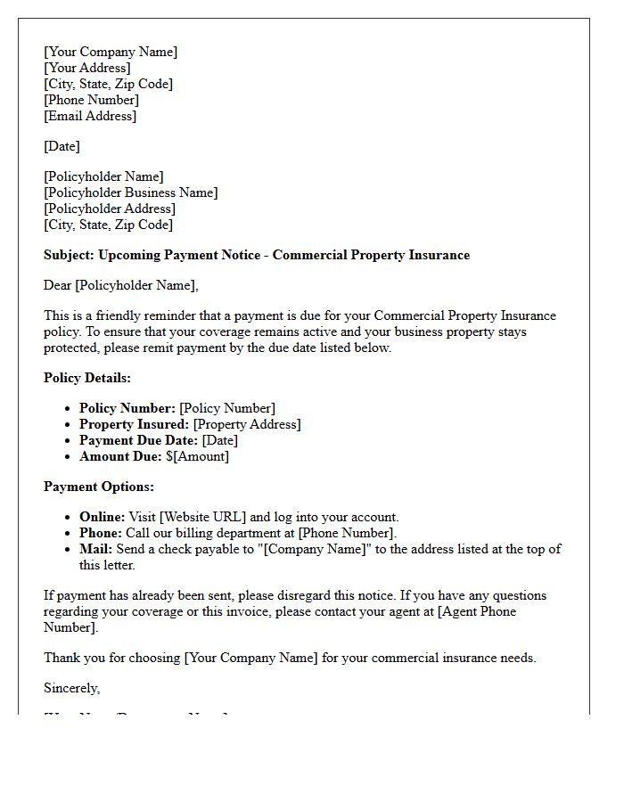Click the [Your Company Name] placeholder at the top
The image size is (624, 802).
[x=111, y=52]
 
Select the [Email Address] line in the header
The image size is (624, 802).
[x=90, y=116]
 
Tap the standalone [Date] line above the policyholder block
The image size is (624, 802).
[x=62, y=146]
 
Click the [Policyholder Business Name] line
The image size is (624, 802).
[x=130, y=192]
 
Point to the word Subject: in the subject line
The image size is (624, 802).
[x=69, y=255]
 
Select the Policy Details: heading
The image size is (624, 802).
[x=87, y=378]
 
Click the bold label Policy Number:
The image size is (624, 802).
[x=127, y=408]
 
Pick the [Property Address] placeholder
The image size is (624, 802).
[x=247, y=424]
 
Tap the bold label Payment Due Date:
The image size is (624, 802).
[x=138, y=440]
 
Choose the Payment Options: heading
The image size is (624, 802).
[x=99, y=487]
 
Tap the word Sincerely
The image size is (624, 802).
[x=71, y=688]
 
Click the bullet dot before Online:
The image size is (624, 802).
[x=69, y=518]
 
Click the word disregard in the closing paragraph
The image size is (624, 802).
[x=335, y=595]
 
